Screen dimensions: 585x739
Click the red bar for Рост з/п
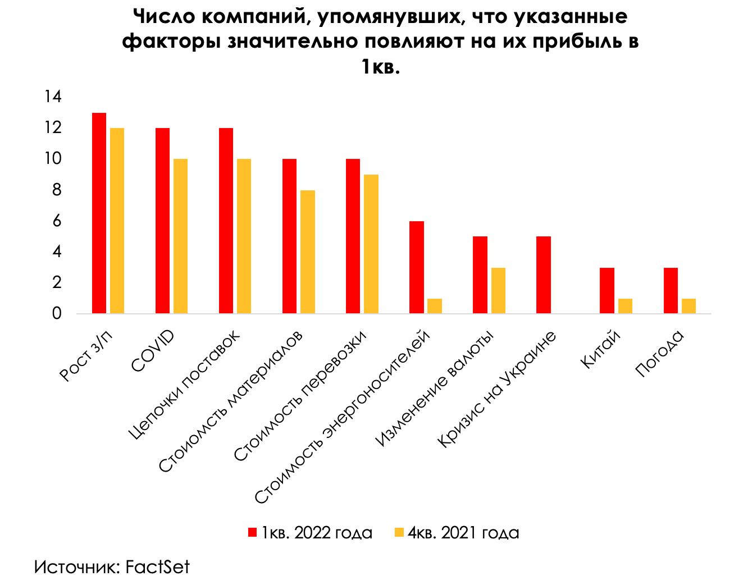tap(99, 213)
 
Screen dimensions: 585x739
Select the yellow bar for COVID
tap(180, 236)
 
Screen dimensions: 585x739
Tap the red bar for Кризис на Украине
tap(544, 275)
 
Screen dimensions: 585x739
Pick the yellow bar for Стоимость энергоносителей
tap(435, 306)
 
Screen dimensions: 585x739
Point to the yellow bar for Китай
tap(625, 306)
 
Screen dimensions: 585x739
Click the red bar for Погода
tap(670, 290)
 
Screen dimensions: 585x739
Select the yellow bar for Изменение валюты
tap(498, 290)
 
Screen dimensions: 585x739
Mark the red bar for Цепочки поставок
tap(226, 221)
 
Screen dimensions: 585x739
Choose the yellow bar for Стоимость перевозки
tap(371, 244)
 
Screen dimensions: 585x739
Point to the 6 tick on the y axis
tap(56, 221)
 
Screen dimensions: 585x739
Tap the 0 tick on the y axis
tap(56, 313)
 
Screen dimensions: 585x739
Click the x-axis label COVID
tap(153, 351)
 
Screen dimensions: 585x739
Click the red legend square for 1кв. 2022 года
tap(252, 532)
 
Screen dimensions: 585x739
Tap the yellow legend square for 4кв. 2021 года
tap(399, 532)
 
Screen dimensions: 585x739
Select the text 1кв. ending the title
tap(380, 67)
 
